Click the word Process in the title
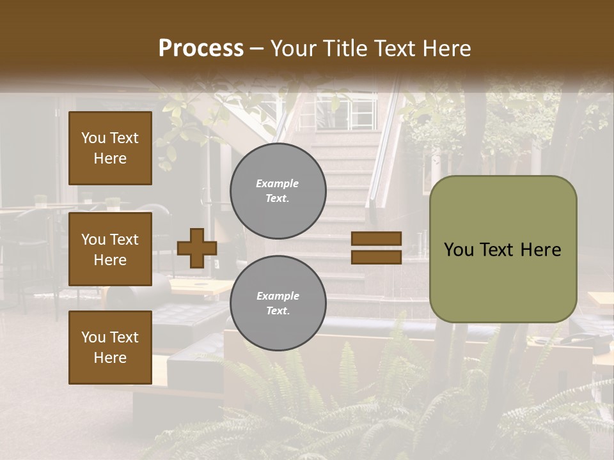coord(201,49)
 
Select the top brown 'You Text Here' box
coord(110,148)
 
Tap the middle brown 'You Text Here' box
coord(110,249)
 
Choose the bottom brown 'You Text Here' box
coord(110,348)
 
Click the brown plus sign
coord(197,248)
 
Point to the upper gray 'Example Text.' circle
coord(278,190)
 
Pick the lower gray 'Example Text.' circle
coord(278,303)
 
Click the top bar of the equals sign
coord(376,239)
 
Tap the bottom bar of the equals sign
coord(376,257)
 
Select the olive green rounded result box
coord(503,249)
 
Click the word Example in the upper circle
coord(277,183)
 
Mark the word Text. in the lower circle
coord(278,311)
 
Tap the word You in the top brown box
coord(93,138)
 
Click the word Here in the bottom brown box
coord(110,358)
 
